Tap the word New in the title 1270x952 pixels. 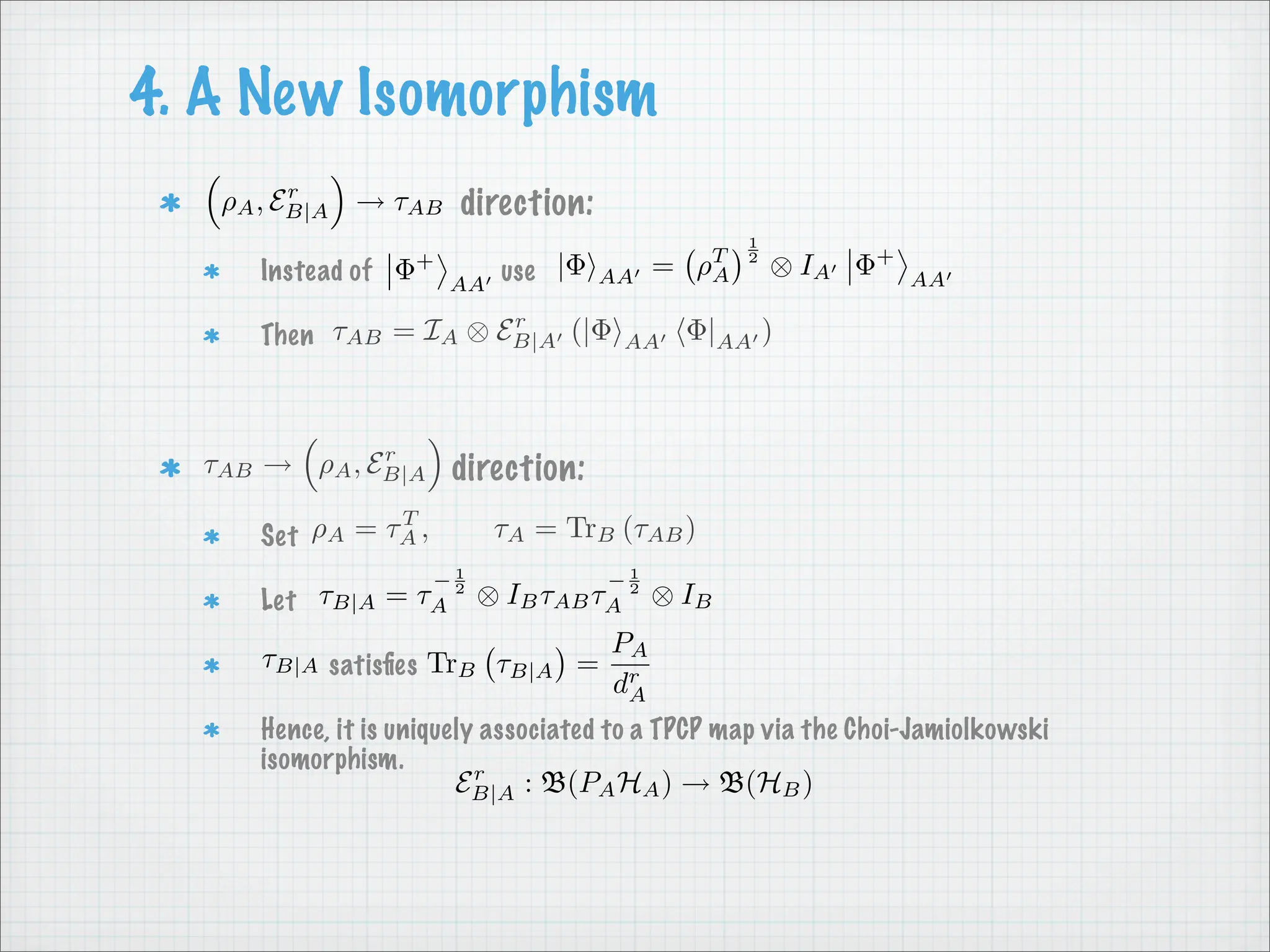pos(289,93)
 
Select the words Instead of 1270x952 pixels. pos(316,271)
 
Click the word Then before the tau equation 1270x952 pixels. pos(287,335)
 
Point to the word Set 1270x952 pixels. pos(279,535)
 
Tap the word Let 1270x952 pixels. pos(278,600)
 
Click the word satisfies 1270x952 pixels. pos(373,666)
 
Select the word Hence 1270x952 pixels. pos(293,729)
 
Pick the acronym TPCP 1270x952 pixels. pos(675,729)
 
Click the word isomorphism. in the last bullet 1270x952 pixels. pos(332,759)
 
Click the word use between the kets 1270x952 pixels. pos(518,271)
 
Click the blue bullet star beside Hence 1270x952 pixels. pos(211,731)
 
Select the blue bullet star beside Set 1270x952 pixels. pos(211,536)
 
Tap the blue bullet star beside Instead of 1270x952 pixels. pos(211,271)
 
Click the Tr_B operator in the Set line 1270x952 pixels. pos(590,530)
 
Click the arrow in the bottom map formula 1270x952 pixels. pos(695,785)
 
